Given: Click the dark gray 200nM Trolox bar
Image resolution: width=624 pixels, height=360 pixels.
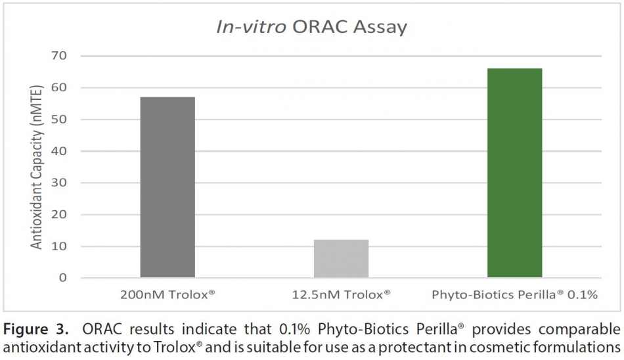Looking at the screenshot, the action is (x=167, y=187).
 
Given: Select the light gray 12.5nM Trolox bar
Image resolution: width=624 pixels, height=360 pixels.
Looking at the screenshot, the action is (x=341, y=258).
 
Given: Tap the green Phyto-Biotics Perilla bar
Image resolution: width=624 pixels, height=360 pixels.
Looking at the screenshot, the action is (x=514, y=173).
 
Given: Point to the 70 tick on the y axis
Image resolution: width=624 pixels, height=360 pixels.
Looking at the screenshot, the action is (x=59, y=56).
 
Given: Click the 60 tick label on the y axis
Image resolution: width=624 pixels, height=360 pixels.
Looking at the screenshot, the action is (x=59, y=87).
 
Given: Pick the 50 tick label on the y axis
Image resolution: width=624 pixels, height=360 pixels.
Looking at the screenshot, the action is (x=59, y=120).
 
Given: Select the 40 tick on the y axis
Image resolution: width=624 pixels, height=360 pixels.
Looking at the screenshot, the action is (x=59, y=151).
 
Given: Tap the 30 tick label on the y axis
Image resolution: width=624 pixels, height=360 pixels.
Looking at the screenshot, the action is (x=59, y=183).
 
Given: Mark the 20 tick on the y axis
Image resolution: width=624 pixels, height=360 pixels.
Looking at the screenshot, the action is (x=59, y=214).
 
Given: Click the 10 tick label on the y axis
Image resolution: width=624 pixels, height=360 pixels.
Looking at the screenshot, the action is (x=59, y=246).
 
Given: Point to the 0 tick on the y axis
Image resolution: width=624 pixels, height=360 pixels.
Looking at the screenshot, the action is (x=63, y=278).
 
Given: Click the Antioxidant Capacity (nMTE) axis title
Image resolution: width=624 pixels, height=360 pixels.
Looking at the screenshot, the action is (x=37, y=168).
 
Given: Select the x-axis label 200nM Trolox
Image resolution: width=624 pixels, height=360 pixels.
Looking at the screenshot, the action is (x=167, y=295).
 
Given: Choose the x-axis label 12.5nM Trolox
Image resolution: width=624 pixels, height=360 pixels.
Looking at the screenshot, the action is (x=341, y=295).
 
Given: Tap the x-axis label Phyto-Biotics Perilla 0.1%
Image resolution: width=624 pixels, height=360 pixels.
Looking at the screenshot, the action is (x=514, y=295).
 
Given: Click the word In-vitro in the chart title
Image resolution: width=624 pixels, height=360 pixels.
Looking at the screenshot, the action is (x=251, y=27).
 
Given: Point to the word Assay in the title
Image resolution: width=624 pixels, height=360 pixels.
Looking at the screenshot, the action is (x=380, y=28).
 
